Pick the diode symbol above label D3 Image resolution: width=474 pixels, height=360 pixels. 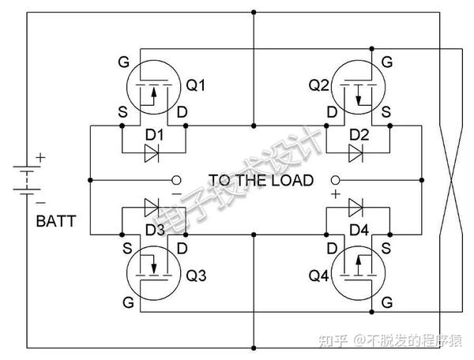pos(152,208)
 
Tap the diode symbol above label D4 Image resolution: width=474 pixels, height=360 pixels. pos(355,208)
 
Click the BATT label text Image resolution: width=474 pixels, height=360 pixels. pos(56,222)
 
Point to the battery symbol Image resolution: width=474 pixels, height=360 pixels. pos(27,180)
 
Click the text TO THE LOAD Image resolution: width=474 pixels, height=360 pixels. pos(261,181)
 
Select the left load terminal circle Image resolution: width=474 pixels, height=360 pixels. pos(176,180)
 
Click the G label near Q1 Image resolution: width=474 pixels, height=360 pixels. pos(122,61)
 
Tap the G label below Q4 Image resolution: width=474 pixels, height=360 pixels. pos(386,302)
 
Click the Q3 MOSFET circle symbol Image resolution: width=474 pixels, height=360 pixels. pos(153,272)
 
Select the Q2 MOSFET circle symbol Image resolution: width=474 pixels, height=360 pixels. pos(360,87)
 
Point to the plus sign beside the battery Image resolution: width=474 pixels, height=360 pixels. pos(41,158)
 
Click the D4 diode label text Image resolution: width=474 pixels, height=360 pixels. pos(359,230)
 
